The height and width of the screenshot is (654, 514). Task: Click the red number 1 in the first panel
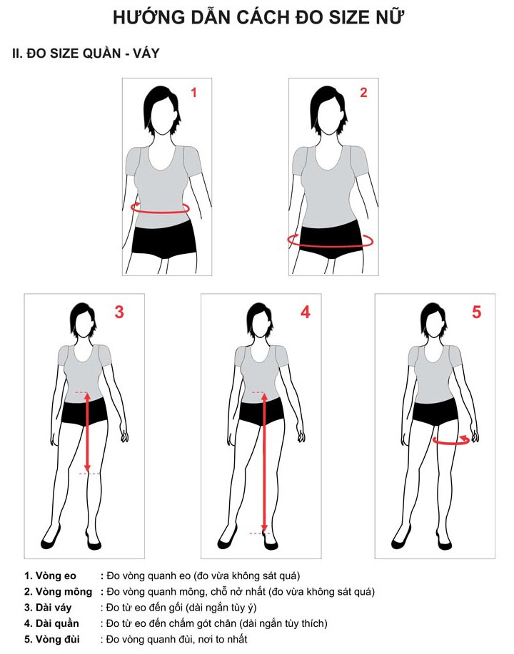193,92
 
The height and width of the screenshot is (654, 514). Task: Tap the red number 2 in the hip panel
363,92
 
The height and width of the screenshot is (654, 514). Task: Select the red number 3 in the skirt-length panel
119,312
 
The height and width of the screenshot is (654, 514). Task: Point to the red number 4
306,312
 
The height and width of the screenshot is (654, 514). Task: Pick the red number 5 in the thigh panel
476,312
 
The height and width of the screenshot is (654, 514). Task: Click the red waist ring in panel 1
161,213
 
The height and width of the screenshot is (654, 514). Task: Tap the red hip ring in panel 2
330,247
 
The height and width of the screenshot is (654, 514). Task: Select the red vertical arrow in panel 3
87,432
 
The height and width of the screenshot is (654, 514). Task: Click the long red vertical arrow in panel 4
264,462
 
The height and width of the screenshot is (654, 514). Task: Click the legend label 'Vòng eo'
50,576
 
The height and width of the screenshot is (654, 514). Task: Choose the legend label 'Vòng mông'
58,592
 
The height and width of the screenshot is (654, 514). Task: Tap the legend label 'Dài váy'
48,608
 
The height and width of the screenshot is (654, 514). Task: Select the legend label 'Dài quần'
51,623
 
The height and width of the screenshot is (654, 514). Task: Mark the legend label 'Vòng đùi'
52,640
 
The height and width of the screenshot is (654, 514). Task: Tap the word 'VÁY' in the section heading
146,53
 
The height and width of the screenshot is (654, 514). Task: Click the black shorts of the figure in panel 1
164,239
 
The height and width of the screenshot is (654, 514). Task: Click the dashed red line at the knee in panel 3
90,474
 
